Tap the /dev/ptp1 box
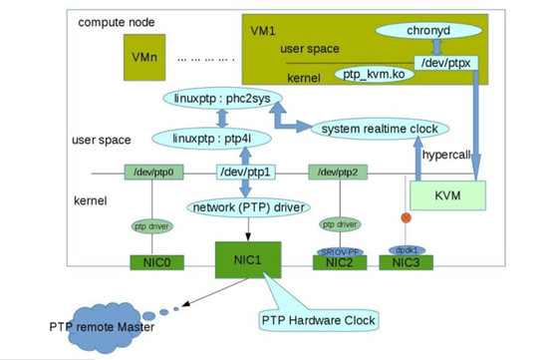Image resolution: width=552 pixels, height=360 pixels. (x=245, y=173)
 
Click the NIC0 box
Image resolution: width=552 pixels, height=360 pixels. (x=152, y=263)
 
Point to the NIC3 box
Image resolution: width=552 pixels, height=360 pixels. (x=408, y=263)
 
